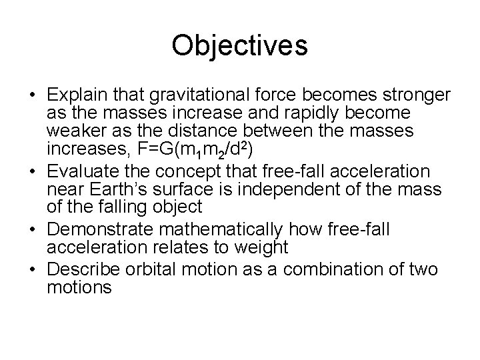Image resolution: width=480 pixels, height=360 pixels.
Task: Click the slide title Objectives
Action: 239,46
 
